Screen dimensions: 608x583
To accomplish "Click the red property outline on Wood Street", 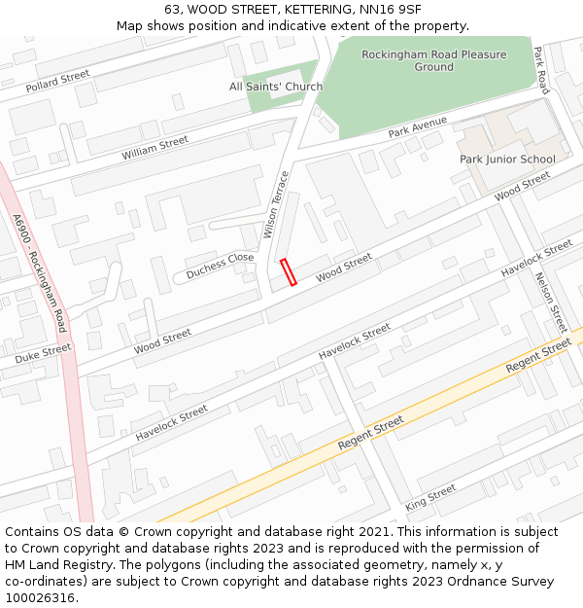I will [x=288, y=272].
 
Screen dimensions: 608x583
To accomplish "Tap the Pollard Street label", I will [x=57, y=81].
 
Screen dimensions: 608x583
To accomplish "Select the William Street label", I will [x=155, y=149].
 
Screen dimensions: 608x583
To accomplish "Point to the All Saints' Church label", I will [x=276, y=87].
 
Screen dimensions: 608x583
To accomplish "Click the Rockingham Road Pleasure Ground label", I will [x=433, y=60].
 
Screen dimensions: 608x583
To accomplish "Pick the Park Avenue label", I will [x=417, y=127].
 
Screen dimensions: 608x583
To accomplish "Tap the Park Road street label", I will [x=541, y=71].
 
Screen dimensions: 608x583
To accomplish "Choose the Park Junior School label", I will [x=507, y=159].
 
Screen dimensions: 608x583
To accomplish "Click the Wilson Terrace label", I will [x=276, y=205].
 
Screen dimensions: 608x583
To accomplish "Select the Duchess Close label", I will [x=220, y=266].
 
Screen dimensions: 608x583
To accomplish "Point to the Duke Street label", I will [x=43, y=353].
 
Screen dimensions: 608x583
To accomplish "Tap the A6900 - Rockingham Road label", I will [x=41, y=272].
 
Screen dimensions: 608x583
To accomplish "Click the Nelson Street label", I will [x=550, y=302].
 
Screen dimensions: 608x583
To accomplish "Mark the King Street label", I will [x=430, y=498].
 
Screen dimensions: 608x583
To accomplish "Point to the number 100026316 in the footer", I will [x=40, y=597].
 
